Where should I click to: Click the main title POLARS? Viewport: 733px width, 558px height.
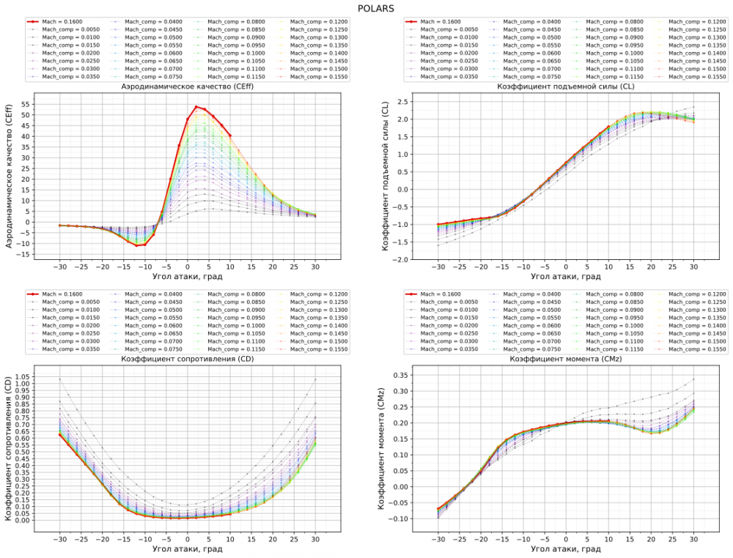(366, 9)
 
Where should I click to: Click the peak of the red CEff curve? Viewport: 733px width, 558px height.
(196, 107)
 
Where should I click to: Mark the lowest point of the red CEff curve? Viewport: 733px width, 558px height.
(137, 245)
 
